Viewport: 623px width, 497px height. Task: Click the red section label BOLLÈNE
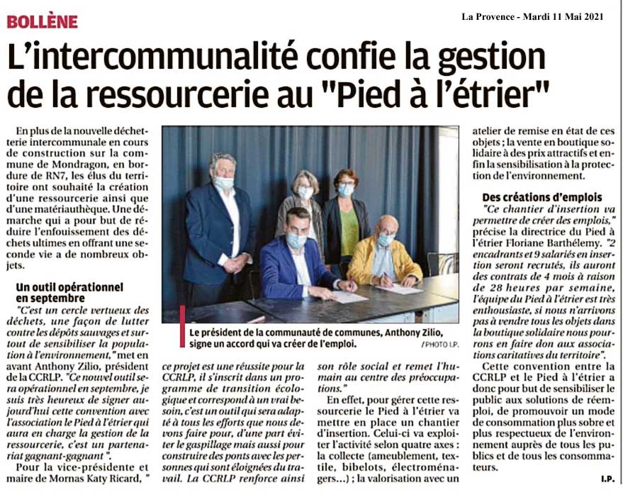(x=42, y=21)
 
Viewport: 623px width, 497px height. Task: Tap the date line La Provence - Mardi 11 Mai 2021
(x=532, y=16)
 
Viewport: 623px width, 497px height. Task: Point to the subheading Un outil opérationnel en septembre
(x=69, y=293)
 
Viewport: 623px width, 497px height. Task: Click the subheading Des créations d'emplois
(x=541, y=197)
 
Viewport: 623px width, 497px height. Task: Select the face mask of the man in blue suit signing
(x=296, y=240)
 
